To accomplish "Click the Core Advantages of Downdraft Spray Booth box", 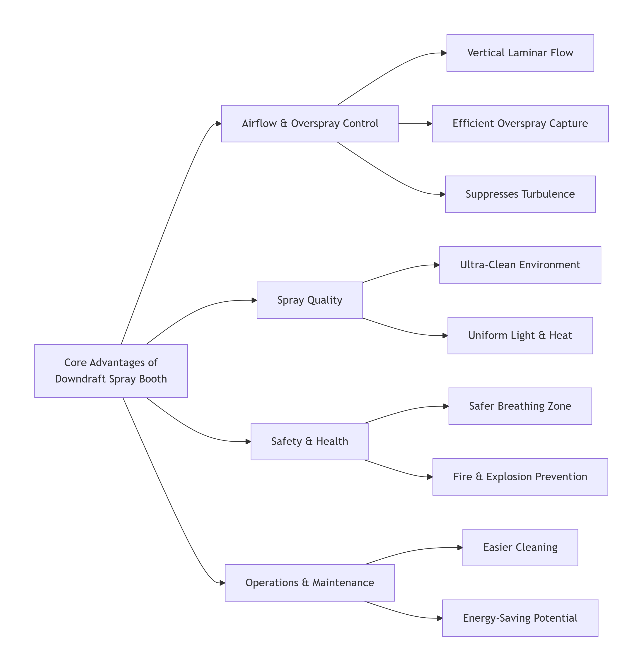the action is click(x=111, y=371).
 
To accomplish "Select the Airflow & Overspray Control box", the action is click(x=310, y=124).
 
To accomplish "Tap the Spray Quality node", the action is click(x=310, y=300).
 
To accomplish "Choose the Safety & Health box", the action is click(x=310, y=442).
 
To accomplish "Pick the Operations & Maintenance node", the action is click(x=310, y=583).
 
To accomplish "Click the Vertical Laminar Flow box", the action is click(x=520, y=53).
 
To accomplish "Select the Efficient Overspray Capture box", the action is click(x=520, y=124).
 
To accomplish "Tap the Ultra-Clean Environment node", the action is click(x=520, y=265).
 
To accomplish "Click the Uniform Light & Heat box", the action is click(x=520, y=336).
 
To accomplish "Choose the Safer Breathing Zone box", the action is click(x=520, y=406).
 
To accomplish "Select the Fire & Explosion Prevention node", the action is click(x=520, y=477).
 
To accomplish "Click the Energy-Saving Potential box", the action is click(x=520, y=618).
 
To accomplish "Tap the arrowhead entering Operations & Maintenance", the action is click(x=222, y=583).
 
